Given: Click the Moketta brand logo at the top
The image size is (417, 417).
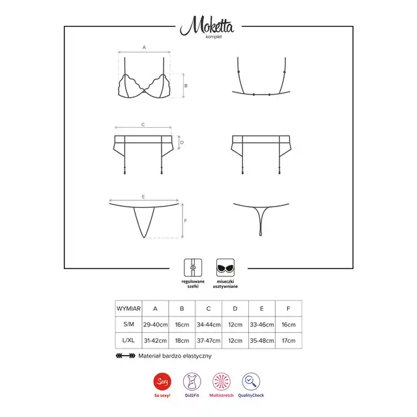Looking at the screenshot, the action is [x=207, y=25].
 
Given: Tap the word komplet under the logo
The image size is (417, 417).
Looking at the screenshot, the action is [x=214, y=37].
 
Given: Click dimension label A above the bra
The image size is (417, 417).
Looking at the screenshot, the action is [x=144, y=48].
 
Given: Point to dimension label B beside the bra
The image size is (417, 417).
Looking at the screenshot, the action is [x=186, y=85].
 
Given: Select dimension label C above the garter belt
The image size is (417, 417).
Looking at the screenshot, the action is [x=143, y=124].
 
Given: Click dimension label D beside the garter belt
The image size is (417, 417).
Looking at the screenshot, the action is [x=182, y=143].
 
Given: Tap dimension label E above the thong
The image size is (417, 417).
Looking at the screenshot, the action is [x=143, y=197].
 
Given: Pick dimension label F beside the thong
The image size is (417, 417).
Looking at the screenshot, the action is [x=185, y=221].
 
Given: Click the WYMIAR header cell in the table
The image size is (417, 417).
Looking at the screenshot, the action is [x=129, y=309].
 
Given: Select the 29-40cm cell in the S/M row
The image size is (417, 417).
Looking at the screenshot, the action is [x=155, y=324].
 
